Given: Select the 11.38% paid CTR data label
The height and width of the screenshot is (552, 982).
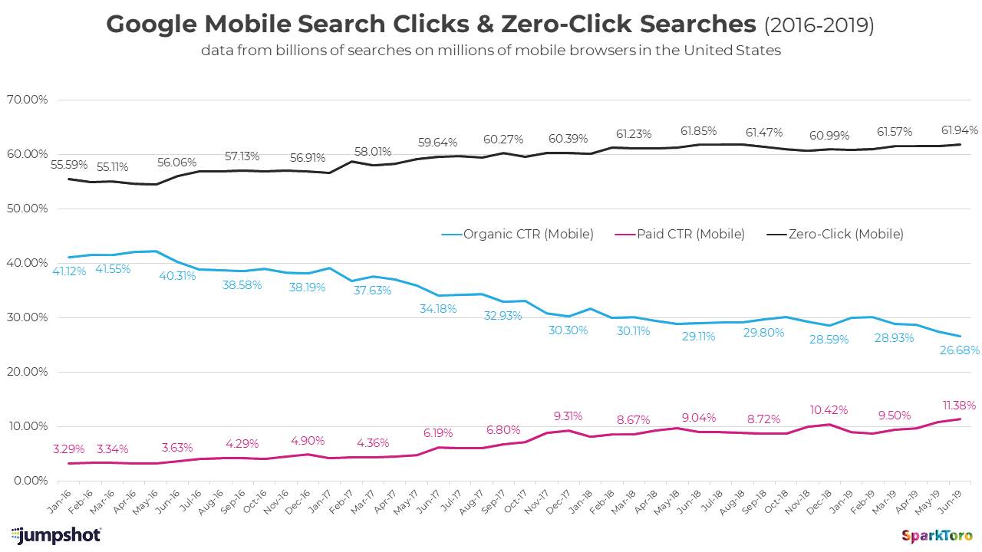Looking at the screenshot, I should (957, 405).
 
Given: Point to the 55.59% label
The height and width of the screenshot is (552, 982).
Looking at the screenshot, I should (68, 164).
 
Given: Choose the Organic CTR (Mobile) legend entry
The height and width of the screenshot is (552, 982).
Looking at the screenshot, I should (518, 234).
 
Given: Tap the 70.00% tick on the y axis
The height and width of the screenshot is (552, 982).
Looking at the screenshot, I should (27, 100).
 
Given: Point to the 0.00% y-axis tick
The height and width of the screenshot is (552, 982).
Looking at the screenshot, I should (30, 481).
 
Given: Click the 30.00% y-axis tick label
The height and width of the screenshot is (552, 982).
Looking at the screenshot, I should (27, 317).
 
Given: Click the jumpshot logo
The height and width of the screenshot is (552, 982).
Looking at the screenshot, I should (56, 534).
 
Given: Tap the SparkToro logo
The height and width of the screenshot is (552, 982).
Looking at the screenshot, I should (937, 535).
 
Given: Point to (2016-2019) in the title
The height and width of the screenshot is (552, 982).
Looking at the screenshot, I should (819, 25).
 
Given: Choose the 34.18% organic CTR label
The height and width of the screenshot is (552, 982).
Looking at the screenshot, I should (438, 308).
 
